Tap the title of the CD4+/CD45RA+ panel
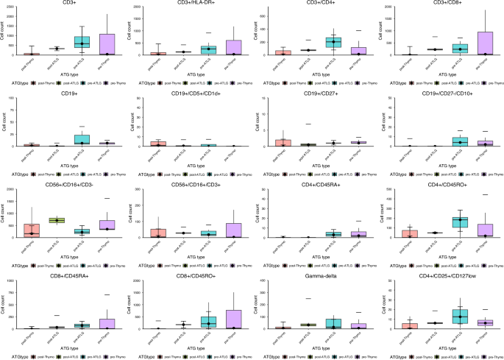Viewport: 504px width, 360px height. [x=313, y=188]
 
